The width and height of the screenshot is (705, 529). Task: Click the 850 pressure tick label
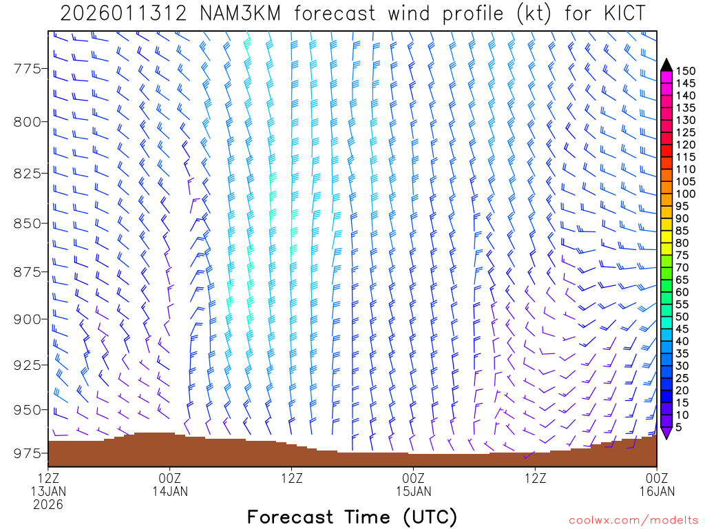click(x=27, y=223)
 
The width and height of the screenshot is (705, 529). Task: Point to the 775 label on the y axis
click(x=27, y=68)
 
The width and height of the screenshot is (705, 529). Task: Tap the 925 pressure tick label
click(x=27, y=364)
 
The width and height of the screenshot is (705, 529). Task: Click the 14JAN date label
click(x=169, y=491)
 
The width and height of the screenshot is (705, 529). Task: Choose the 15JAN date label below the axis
click(x=413, y=491)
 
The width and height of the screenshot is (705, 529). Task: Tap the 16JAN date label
click(x=657, y=491)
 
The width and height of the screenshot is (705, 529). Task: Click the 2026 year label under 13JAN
click(x=48, y=505)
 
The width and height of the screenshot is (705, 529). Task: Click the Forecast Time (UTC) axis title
click(x=352, y=517)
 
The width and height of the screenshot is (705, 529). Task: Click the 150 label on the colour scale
click(x=686, y=70)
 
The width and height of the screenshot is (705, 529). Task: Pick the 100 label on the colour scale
click(x=686, y=194)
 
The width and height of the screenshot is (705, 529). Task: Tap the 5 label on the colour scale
click(x=680, y=428)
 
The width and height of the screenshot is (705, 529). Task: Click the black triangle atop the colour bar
click(x=666, y=65)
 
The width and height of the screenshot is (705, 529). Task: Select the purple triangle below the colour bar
click(x=666, y=433)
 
